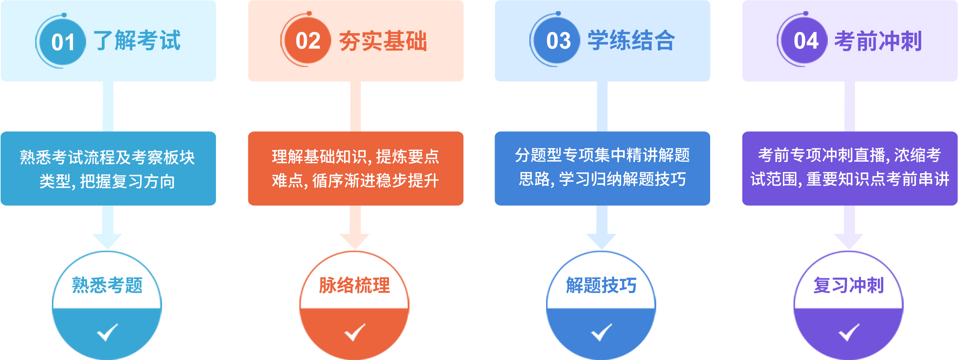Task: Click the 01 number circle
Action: (x=63, y=42)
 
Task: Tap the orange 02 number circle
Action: (x=308, y=41)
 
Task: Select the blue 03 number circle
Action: (x=558, y=41)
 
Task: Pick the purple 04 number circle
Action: (x=806, y=41)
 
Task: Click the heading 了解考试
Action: (x=137, y=41)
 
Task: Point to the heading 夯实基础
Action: (x=383, y=41)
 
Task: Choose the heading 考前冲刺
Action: (x=878, y=41)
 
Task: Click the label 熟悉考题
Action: (x=107, y=285)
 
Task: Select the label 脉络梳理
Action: (x=354, y=285)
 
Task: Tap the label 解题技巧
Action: (x=601, y=285)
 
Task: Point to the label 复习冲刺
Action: (x=849, y=285)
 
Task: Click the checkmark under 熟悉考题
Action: (x=107, y=332)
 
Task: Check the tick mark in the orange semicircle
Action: (x=355, y=332)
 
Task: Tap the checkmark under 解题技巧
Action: (x=602, y=332)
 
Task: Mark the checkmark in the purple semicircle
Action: (x=849, y=332)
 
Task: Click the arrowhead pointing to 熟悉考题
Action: (x=107, y=241)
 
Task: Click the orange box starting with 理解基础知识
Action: (x=356, y=168)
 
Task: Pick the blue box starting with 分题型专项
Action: (x=602, y=168)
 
